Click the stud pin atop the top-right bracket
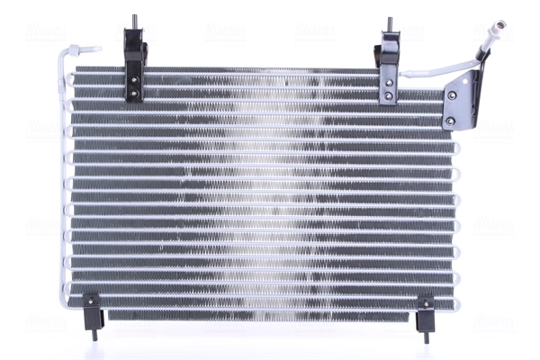pyautogui.click(x=391, y=24)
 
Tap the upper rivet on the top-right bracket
pyautogui.click(x=388, y=83)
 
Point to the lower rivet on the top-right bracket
pyautogui.click(x=388, y=96)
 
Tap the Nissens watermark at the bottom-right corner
pyautogui.click(x=495, y=321)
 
